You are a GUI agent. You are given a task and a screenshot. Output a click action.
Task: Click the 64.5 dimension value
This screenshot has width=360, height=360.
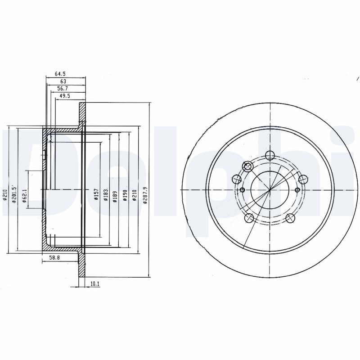60,73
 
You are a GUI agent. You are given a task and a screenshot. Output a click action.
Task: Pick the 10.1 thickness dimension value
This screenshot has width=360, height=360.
94,284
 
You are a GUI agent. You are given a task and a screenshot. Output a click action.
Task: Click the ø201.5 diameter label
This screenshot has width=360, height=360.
14,194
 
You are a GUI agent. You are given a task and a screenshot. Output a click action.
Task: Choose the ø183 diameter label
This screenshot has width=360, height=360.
106,194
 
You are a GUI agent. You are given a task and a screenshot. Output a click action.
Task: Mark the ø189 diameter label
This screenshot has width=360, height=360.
116,194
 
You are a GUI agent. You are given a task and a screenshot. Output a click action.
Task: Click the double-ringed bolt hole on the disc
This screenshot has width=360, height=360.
247,166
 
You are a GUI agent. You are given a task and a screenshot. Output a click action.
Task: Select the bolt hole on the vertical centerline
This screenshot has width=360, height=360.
270,156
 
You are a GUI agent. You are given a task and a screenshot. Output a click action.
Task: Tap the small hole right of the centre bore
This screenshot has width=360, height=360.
297,190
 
